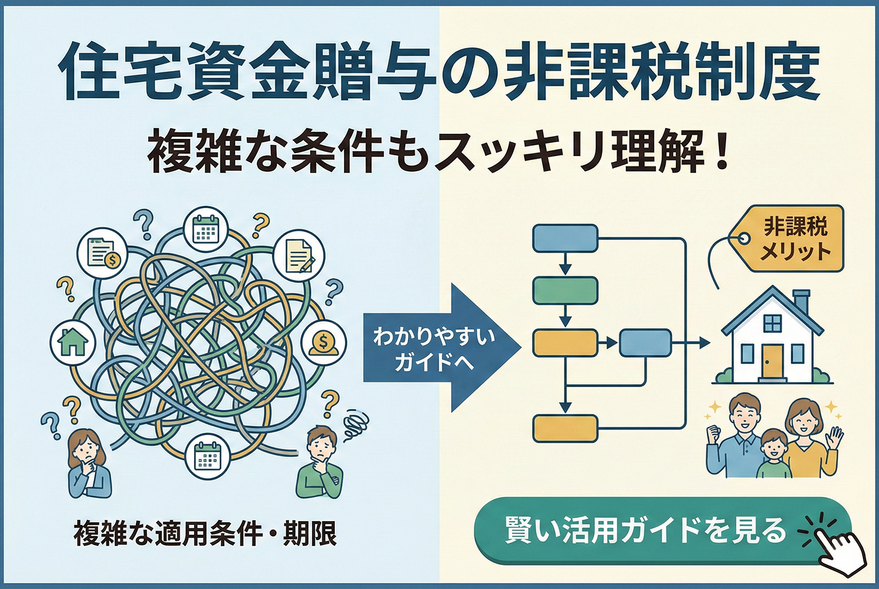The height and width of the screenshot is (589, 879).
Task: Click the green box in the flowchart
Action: coord(565,290)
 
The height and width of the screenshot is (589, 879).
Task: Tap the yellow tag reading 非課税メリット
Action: coord(793,239)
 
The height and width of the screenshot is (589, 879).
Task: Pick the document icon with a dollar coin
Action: coord(102,252)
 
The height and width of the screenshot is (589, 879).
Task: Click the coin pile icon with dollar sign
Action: coord(323,343)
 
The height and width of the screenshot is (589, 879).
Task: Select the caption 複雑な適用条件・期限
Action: coord(205,534)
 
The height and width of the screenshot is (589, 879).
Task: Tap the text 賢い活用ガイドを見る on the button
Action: coord(646,531)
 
